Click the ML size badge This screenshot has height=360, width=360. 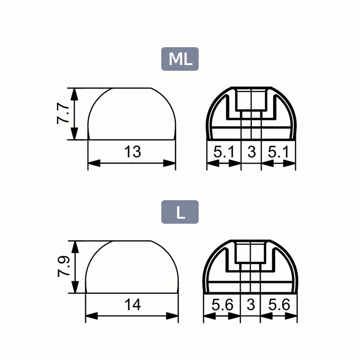coord(180,59)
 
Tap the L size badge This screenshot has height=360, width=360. coord(180,212)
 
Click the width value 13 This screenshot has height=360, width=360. coord(132,152)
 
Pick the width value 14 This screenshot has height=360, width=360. coord(132,305)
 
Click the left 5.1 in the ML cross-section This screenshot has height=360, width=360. coord(224,152)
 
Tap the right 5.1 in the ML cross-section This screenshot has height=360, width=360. coord(279,152)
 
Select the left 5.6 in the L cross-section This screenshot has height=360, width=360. coord(222,305)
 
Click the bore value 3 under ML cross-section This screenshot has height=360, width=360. coord(251,152)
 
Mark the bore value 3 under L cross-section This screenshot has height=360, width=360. coord(251,305)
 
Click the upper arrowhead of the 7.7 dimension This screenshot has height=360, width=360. coord(74,94)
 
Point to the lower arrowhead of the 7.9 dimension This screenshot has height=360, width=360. coord(75,287)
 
